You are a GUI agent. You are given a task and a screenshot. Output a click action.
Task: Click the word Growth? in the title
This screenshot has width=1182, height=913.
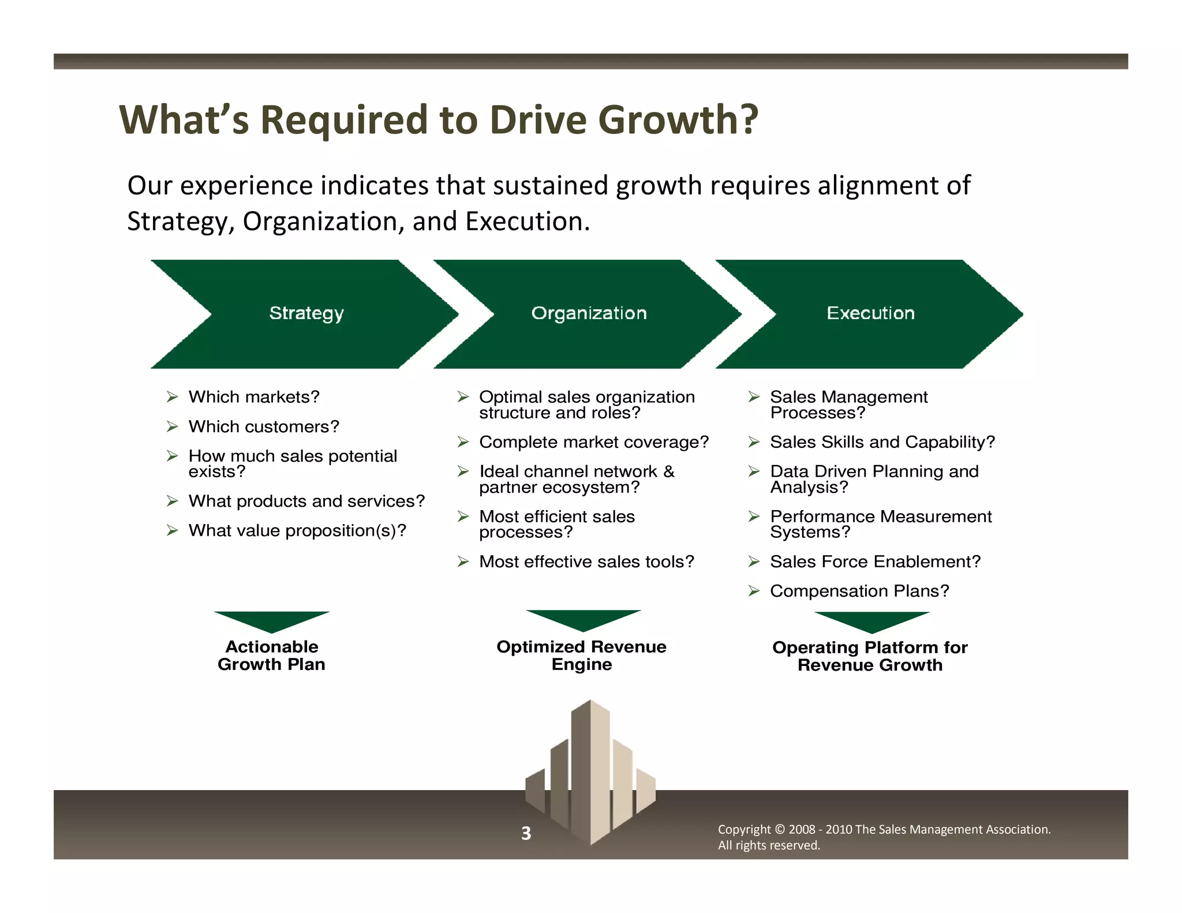pyautogui.click(x=678, y=120)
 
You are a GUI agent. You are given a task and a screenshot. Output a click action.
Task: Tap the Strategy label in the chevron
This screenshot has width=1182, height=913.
pyautogui.click(x=306, y=313)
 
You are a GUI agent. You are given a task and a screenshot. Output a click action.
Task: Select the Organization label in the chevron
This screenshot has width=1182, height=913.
pyautogui.click(x=589, y=313)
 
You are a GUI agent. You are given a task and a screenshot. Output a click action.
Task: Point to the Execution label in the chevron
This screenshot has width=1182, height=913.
pyautogui.click(x=870, y=313)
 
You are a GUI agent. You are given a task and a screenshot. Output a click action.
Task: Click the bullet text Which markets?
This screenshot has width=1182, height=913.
pyautogui.click(x=254, y=397)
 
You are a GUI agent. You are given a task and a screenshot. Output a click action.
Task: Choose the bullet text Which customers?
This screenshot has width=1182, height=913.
pyautogui.click(x=264, y=426)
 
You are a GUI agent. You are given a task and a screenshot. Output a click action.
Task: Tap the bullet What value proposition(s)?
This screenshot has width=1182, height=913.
pyautogui.click(x=297, y=530)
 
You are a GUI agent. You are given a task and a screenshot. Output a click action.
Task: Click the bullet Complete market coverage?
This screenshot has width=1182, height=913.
pyautogui.click(x=593, y=442)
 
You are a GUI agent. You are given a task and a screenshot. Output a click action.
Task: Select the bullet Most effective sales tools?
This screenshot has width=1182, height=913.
pyautogui.click(x=586, y=562)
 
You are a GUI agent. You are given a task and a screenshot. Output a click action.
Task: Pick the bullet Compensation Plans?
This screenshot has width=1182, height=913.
pyautogui.click(x=859, y=591)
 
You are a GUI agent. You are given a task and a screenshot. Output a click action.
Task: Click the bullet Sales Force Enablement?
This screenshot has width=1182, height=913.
pyautogui.click(x=875, y=562)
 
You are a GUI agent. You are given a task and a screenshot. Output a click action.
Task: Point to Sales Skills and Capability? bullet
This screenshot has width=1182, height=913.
pyautogui.click(x=882, y=442)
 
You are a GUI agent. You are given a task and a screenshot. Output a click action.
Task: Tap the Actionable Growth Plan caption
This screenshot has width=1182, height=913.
pyautogui.click(x=271, y=656)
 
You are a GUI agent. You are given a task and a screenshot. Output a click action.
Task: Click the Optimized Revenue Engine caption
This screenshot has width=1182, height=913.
pyautogui.click(x=581, y=656)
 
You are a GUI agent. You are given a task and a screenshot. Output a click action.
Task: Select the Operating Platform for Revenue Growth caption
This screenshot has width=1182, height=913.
pyautogui.click(x=870, y=656)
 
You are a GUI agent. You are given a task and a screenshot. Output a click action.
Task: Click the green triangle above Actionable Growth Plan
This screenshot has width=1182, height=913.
pyautogui.click(x=271, y=620)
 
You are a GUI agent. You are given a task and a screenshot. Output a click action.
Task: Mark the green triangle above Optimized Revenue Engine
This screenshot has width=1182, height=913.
pyautogui.click(x=583, y=619)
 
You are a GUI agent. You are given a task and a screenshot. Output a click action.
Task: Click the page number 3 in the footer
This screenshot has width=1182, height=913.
pyautogui.click(x=526, y=833)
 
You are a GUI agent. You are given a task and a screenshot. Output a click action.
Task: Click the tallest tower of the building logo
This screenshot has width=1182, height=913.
pyautogui.click(x=590, y=768)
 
